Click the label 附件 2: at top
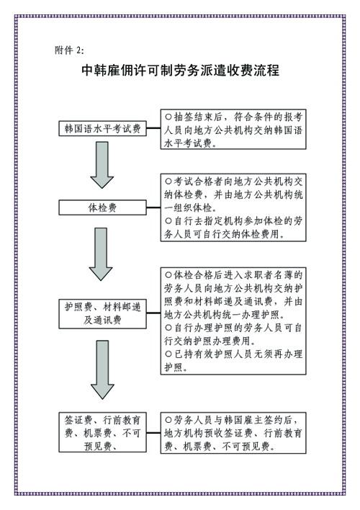click(69, 50)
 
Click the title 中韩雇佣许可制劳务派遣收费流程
click(180, 71)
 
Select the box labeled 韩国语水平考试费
click(102, 129)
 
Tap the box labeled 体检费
click(102, 207)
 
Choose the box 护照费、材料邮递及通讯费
click(102, 314)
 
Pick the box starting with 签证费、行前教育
click(102, 432)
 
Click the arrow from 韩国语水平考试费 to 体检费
click(102, 165)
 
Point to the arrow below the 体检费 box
click(101, 254)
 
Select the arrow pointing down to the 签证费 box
click(102, 370)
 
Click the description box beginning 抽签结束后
click(233, 129)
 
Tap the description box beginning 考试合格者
click(233, 207)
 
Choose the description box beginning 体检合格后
click(233, 321)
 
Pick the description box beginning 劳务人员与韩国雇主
click(233, 433)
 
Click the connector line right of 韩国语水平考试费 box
click(153, 128)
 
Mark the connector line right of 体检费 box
click(153, 207)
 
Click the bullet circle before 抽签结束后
click(168, 117)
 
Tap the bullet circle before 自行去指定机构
click(168, 221)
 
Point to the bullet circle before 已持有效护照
click(168, 354)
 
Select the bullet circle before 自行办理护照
click(168, 327)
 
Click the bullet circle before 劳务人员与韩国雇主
click(168, 420)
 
